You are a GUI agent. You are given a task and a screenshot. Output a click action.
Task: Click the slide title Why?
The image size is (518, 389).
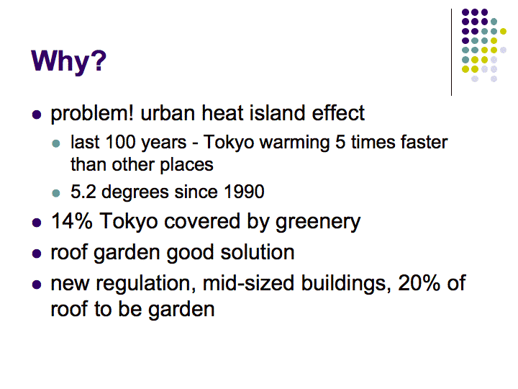69,61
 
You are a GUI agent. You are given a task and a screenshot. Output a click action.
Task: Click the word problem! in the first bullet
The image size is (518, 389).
92,114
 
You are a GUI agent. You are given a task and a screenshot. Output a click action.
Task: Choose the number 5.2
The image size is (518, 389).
83,192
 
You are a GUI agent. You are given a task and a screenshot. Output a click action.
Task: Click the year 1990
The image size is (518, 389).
244,192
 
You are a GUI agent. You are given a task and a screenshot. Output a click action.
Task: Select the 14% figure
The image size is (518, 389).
72,220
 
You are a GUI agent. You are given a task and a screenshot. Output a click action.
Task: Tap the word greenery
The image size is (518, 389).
318,223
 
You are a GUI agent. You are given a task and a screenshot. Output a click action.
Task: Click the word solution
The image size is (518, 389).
258,252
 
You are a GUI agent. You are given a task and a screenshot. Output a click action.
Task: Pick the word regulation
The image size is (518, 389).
143,284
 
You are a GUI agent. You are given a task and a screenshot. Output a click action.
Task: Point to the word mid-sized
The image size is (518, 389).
248,284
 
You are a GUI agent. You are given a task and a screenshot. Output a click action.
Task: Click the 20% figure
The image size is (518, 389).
419,283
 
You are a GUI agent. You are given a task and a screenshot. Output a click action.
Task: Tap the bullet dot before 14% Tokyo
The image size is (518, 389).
37,223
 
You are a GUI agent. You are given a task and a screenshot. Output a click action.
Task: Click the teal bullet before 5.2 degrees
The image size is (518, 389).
56,193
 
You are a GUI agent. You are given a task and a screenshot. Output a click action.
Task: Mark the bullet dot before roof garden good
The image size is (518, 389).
37,254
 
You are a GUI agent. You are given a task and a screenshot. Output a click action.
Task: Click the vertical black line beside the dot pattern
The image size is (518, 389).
451,52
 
